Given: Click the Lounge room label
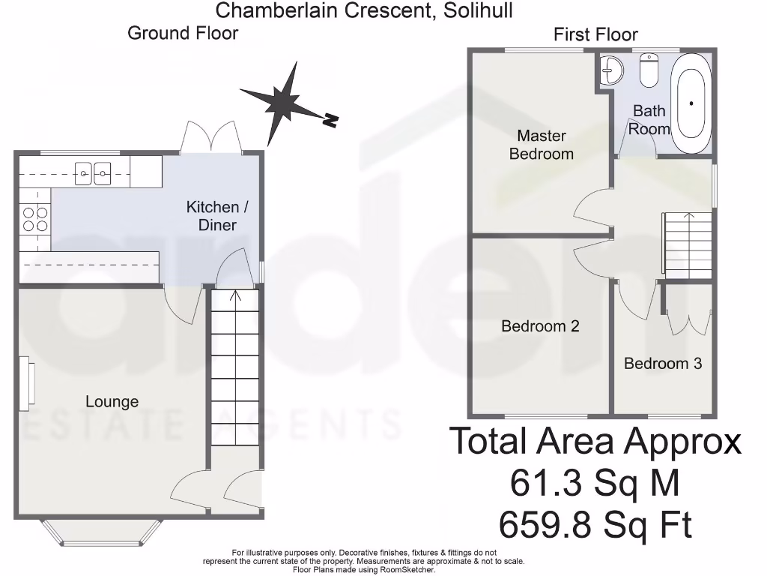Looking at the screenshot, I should click(112, 401).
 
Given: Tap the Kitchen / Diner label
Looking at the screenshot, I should click(213, 216).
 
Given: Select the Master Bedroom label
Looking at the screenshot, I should click(542, 145).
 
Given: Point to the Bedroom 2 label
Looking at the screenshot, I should click(540, 326).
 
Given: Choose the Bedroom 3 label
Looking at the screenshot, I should click(663, 364).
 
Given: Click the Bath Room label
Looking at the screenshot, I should click(649, 120).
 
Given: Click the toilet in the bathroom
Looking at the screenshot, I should click(649, 70).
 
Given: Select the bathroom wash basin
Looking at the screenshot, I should click(612, 70).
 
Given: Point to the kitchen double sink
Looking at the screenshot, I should click(94, 174).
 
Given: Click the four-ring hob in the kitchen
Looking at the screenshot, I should click(34, 218).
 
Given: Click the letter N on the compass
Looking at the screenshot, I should click(330, 120).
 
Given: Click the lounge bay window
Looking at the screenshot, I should click(100, 531).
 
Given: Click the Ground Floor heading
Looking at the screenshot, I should click(183, 33).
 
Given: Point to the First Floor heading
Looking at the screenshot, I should click(595, 34).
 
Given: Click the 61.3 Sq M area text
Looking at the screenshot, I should click(595, 483).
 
